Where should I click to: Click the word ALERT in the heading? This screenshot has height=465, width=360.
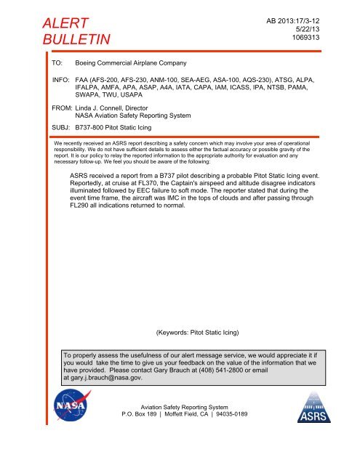(60, 27)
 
